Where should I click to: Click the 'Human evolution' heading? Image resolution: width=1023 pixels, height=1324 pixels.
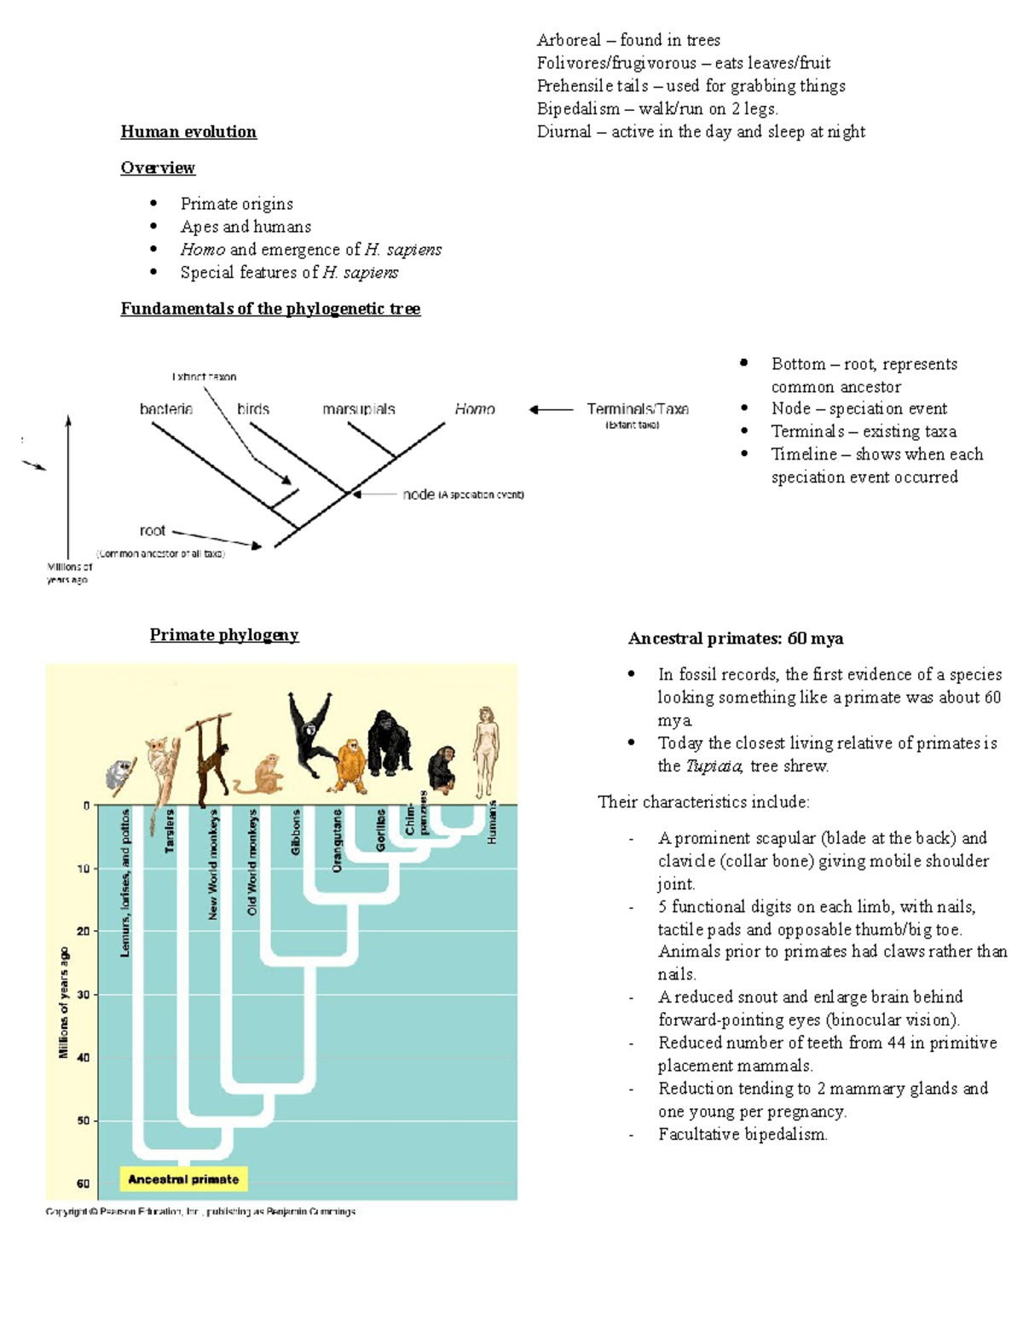(188, 131)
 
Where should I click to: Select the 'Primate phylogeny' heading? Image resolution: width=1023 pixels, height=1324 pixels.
(224, 634)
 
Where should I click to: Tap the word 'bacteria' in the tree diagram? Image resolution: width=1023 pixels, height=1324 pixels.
(166, 409)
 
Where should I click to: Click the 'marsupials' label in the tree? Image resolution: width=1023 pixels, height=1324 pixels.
(359, 409)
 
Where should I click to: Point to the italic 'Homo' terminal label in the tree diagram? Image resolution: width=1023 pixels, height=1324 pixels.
(475, 409)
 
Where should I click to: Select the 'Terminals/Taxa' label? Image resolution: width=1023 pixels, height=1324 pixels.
(638, 409)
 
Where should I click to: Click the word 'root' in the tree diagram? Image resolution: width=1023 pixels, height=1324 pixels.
(153, 530)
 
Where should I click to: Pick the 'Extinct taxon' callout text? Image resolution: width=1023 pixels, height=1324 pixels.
(205, 376)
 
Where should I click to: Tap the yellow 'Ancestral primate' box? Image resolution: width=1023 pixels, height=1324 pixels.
(183, 1179)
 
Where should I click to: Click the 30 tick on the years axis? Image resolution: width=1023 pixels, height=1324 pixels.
(84, 995)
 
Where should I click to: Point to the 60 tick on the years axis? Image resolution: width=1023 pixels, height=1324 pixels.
(84, 1183)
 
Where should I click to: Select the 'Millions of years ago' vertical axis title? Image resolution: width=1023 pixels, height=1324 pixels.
(63, 1003)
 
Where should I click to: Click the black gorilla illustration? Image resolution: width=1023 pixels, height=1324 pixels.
(389, 742)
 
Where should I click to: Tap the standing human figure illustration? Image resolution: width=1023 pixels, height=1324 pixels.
(486, 750)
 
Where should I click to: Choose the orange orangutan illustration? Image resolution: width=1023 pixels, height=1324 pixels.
(350, 765)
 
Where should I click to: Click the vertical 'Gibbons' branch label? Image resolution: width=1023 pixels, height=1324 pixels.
(296, 832)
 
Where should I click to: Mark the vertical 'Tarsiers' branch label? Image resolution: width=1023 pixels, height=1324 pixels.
(170, 831)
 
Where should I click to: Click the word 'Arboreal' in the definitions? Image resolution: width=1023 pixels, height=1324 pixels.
(569, 40)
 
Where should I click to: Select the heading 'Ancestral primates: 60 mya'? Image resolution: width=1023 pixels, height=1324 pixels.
(736, 639)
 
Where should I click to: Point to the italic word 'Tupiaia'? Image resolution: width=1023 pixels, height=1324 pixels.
(714, 766)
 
